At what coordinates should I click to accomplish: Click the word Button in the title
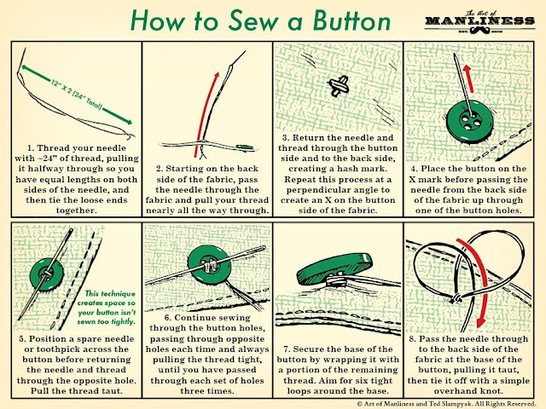coord(351,21)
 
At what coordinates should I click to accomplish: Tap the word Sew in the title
coord(253,21)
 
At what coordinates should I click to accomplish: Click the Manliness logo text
coord(479,20)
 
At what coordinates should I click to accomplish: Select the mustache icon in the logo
coord(479,31)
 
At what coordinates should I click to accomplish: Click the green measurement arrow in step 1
coord(76,94)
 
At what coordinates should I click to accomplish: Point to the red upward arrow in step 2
coord(207,115)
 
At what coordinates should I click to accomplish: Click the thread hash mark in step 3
coord(339,85)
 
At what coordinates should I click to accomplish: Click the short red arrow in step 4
coord(467,78)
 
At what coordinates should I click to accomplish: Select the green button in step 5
coord(47,274)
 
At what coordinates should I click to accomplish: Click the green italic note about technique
coord(106,308)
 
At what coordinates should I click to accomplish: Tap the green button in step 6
coord(209,267)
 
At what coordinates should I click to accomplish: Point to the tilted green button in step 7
coord(334,269)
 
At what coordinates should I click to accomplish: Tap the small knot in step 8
coord(456,299)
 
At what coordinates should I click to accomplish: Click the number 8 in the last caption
coord(412,339)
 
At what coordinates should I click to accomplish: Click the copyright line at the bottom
coord(445,404)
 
